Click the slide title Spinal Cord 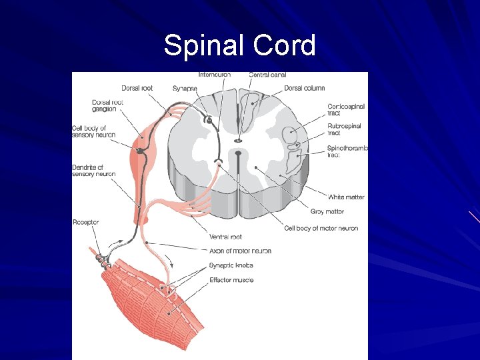tap(239, 45)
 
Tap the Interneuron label tap(215, 75)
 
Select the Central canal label tap(267, 75)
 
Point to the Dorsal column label tap(305, 88)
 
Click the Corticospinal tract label tap(346, 110)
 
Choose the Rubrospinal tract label tap(344, 129)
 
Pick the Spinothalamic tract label tap(347, 151)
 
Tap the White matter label tap(346, 197)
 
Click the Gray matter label tap(327, 211)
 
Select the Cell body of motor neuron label tap(321, 228)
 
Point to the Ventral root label tap(225, 237)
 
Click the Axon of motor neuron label tap(240, 251)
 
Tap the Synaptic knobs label tap(231, 265)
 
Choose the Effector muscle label tap(231, 280)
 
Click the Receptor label tap(85, 222)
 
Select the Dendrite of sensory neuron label tap(93, 171)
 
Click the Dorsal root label tap(137, 88)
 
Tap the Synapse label tap(185, 88)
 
